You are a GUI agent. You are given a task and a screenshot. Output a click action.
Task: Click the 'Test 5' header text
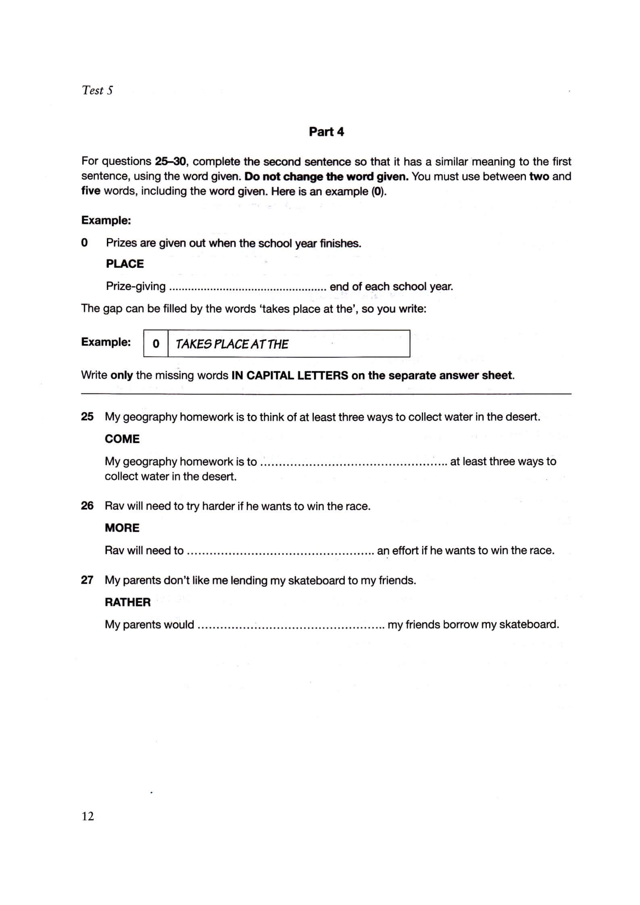(97, 90)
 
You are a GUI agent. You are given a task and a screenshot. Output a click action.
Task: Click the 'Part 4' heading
(326, 132)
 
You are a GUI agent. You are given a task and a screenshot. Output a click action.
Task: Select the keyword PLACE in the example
(125, 264)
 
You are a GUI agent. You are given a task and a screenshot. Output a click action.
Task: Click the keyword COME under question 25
(122, 439)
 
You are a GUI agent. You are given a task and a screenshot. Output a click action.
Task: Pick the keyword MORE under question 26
(122, 528)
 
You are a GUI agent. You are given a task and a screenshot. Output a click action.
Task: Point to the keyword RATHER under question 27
(127, 602)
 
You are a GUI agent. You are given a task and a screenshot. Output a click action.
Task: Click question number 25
(87, 416)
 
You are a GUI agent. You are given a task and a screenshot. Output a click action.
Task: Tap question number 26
(87, 506)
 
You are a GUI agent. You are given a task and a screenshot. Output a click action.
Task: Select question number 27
(87, 580)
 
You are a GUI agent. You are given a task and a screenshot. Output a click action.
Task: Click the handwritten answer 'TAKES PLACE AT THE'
(232, 344)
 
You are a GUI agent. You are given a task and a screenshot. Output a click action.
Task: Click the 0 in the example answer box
(156, 344)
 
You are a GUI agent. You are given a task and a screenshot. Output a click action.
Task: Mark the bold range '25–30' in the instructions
(170, 162)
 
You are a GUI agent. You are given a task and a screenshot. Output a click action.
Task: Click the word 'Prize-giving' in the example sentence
(136, 287)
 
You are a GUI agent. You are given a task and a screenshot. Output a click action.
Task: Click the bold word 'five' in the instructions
(91, 191)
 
